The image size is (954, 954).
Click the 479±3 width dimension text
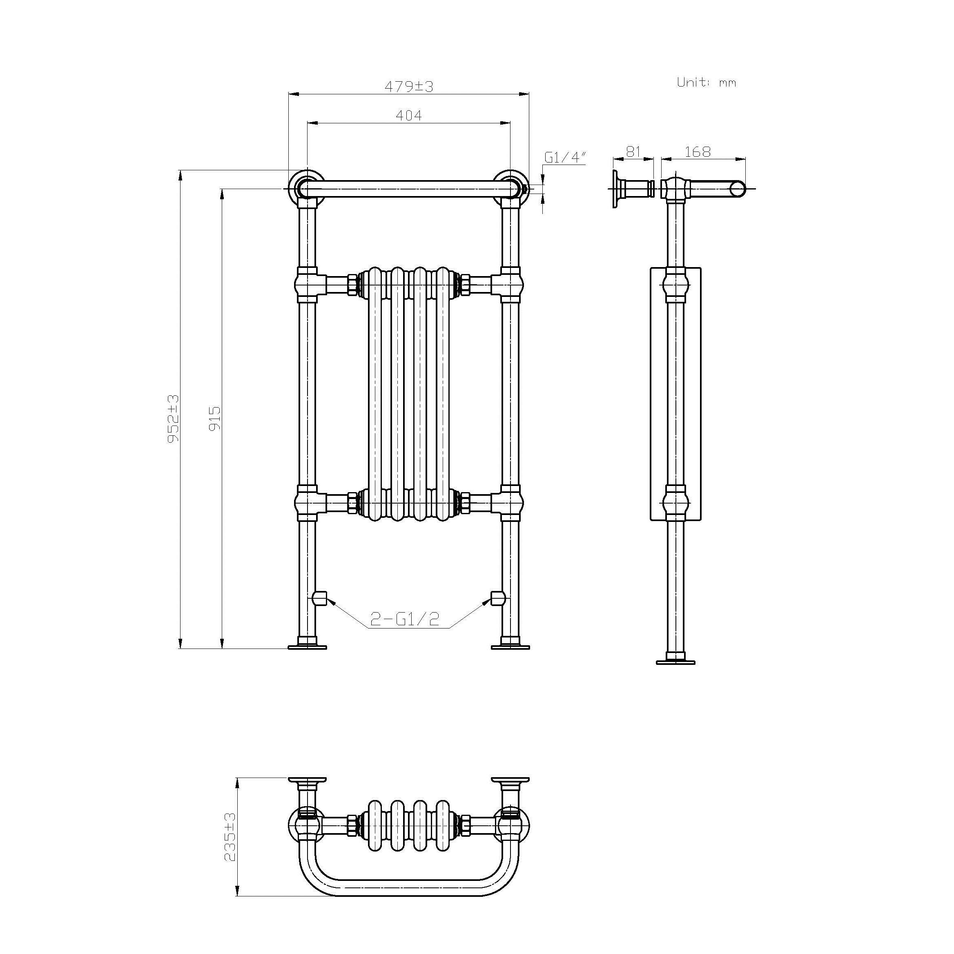pyautogui.click(x=408, y=87)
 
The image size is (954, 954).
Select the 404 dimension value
pyautogui.click(x=408, y=116)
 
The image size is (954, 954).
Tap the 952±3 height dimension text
pyautogui.click(x=173, y=418)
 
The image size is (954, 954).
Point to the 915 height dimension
pyautogui.click(x=215, y=418)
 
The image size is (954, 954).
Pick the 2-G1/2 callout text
pyautogui.click(x=404, y=619)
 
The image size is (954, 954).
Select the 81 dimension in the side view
pyautogui.click(x=633, y=152)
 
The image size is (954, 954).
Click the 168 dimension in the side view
pyautogui.click(x=697, y=152)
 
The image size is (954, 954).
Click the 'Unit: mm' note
pyautogui.click(x=706, y=82)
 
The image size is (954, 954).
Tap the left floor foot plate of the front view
pyautogui.click(x=307, y=646)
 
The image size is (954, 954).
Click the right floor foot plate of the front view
pyautogui.click(x=510, y=646)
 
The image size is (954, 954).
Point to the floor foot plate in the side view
pyautogui.click(x=675, y=662)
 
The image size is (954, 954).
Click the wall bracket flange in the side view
pyautogui.click(x=616, y=189)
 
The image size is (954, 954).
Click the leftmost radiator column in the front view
pyautogui.click(x=374, y=395)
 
